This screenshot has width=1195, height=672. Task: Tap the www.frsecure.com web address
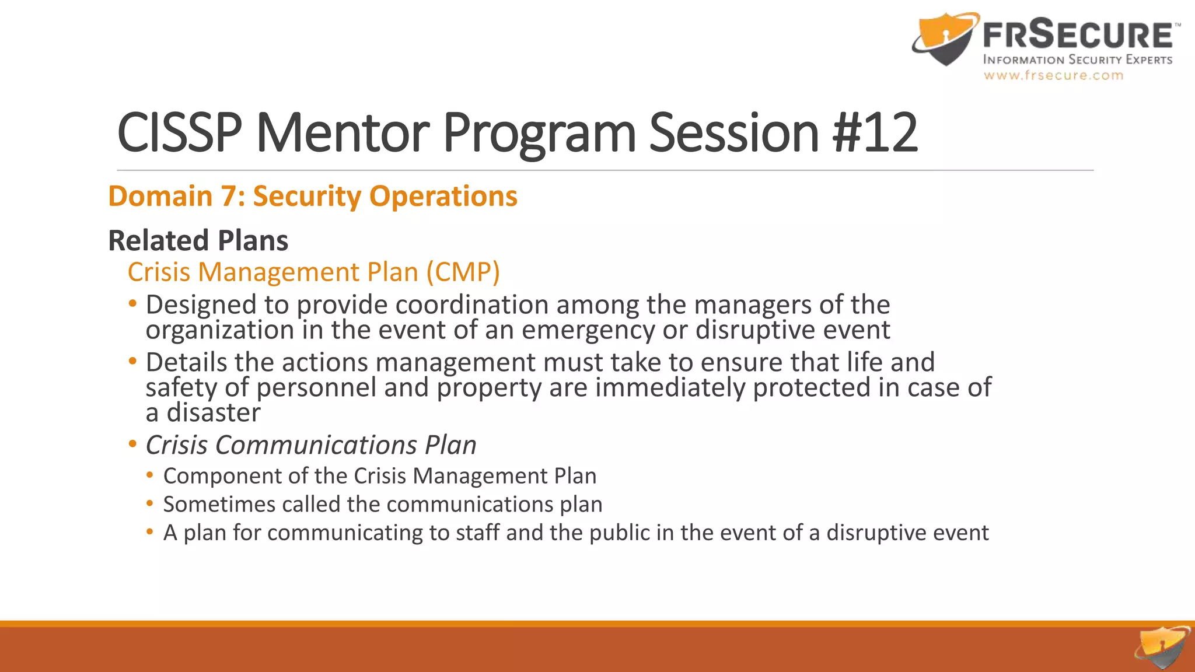pyautogui.click(x=1053, y=75)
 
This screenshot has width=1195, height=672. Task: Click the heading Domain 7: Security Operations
pyautogui.click(x=313, y=196)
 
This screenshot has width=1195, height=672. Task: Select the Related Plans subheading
pyautogui.click(x=198, y=240)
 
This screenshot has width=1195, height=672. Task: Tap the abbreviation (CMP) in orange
pyautogui.click(x=463, y=272)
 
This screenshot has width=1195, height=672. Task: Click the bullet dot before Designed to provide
pyautogui.click(x=133, y=303)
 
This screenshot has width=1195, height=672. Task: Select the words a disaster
pyautogui.click(x=203, y=413)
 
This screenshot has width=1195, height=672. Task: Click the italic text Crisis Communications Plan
pyautogui.click(x=310, y=445)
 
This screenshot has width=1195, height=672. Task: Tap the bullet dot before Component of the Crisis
pyautogui.click(x=150, y=475)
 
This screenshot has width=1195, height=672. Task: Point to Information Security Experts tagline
pyautogui.click(x=1077, y=60)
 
